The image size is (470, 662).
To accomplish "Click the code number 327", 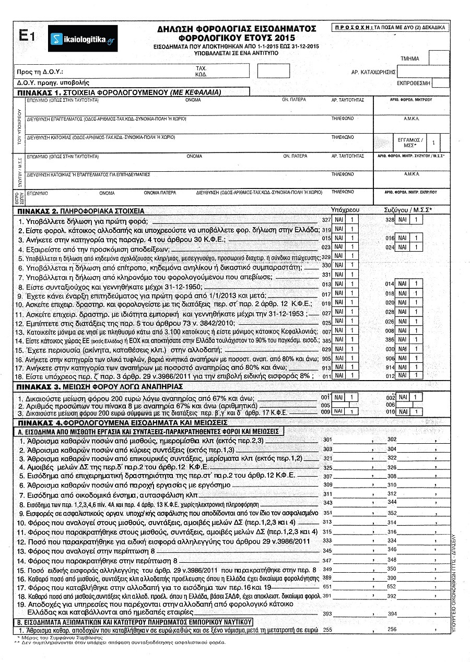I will pos(327,221).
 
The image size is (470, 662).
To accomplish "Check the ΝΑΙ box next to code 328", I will pos(403,221).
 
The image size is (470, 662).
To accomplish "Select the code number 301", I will pos(328,440).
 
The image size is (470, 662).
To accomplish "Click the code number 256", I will pos(393,630).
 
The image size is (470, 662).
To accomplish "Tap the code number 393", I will pos(328,613).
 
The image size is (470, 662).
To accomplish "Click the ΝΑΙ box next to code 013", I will pos(339,283).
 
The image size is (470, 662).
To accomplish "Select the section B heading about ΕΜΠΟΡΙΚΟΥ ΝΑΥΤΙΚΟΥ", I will pos(134,622).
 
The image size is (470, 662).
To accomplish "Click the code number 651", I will pos(328,587).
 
